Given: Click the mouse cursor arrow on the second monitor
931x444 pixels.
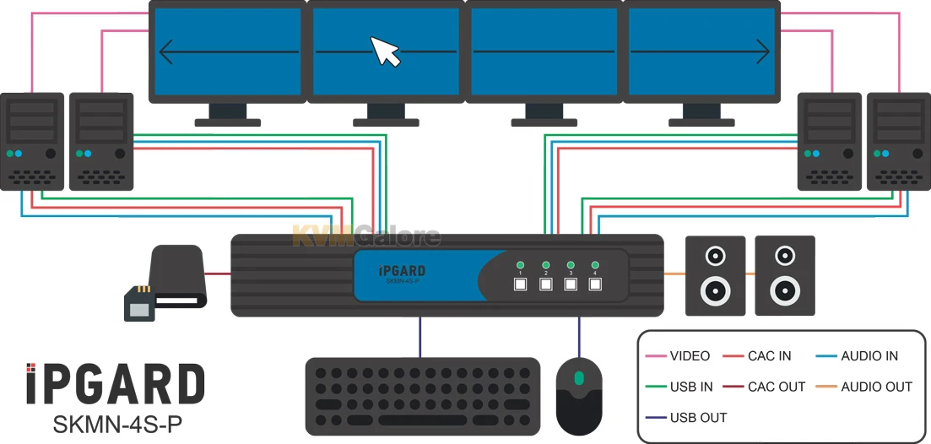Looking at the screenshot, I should pyautogui.click(x=386, y=51).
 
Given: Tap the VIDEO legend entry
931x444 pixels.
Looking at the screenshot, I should pyautogui.click(x=690, y=356).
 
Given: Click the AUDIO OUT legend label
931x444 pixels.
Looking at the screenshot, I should pyautogui.click(x=876, y=387).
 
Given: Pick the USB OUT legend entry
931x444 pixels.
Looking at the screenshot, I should pyautogui.click(x=698, y=417).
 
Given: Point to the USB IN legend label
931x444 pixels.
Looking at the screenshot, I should pyautogui.click(x=691, y=387).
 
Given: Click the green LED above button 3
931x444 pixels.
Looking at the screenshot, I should pyautogui.click(x=571, y=264).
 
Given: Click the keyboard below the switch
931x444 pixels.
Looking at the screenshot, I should pyautogui.click(x=422, y=396).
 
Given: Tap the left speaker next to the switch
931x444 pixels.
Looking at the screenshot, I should pyautogui.click(x=715, y=275).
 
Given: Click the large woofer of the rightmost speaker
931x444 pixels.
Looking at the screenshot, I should pyautogui.click(x=785, y=291).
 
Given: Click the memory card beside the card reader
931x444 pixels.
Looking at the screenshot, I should pyautogui.click(x=138, y=303).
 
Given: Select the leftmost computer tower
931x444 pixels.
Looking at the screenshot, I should pyautogui.click(x=32, y=141).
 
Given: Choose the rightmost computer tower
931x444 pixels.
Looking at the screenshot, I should pyautogui.click(x=898, y=141).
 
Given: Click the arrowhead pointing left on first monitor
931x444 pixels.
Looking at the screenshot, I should pyautogui.click(x=166, y=52).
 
